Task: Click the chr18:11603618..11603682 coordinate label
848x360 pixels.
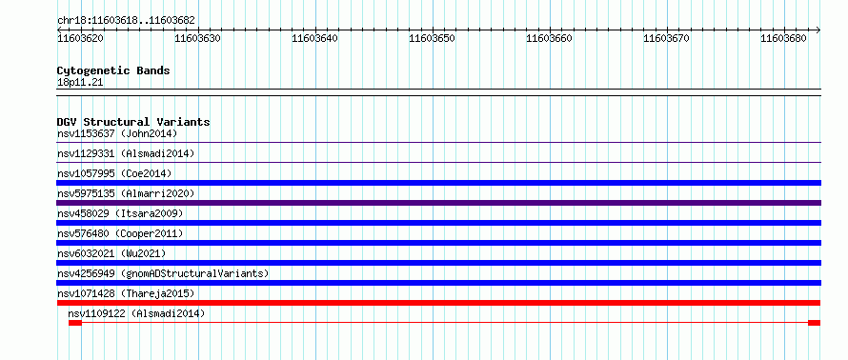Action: (x=126, y=21)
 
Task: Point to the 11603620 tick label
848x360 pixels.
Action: (x=81, y=38)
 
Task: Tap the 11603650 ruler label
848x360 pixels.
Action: (x=433, y=38)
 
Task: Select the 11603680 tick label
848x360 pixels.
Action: (x=783, y=38)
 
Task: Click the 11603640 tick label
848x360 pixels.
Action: (x=314, y=38)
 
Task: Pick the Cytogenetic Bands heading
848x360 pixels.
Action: (x=113, y=70)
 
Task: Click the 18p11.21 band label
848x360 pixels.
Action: (x=80, y=83)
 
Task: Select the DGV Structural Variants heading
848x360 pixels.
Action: (x=133, y=122)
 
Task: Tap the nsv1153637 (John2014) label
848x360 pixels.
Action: (x=117, y=133)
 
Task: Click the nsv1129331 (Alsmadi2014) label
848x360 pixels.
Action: (x=126, y=153)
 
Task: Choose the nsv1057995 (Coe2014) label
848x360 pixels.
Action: (x=114, y=173)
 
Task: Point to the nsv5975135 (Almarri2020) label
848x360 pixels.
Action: (x=126, y=193)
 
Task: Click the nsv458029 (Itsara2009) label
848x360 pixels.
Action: (x=120, y=213)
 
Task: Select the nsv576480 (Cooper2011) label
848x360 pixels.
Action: (x=120, y=233)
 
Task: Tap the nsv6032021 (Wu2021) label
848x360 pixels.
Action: (x=111, y=253)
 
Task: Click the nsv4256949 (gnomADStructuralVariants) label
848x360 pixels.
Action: (x=163, y=273)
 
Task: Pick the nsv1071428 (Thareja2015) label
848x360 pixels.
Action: (x=126, y=293)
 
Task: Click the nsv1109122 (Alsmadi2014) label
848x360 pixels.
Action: (x=137, y=313)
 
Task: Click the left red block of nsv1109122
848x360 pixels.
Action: (x=75, y=323)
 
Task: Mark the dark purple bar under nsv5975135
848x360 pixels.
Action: (x=438, y=203)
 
